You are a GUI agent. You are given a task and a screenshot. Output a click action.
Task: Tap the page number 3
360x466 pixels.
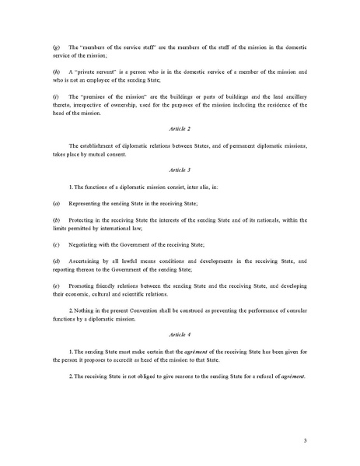[306, 440]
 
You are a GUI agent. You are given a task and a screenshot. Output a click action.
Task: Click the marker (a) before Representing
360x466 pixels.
[54, 202]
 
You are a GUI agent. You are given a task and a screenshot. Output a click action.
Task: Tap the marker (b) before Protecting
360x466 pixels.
[54, 220]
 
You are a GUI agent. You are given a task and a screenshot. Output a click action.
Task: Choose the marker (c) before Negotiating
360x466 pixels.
[54, 244]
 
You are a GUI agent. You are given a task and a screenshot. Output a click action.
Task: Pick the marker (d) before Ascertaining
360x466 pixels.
[54, 261]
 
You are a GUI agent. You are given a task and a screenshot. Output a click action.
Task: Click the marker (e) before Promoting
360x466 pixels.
[54, 286]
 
